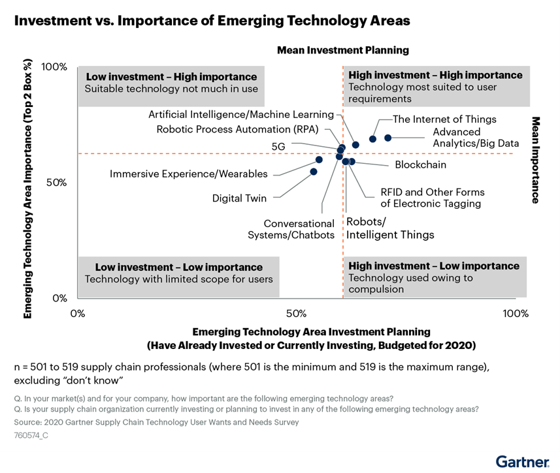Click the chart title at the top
212,21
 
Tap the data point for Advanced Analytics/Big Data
387,138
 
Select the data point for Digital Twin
314,172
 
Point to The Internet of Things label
444,119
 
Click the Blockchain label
420,164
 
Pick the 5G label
278,147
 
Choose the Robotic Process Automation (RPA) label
237,129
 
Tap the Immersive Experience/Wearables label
188,174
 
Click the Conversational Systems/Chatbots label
291,229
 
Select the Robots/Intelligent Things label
389,228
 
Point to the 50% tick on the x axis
296,313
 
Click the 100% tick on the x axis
516,313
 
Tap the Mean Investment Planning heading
342,50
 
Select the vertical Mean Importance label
535,160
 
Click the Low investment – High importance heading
171,76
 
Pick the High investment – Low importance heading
434,266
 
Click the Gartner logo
522,462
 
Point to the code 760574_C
31,435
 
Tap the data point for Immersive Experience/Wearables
319,160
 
